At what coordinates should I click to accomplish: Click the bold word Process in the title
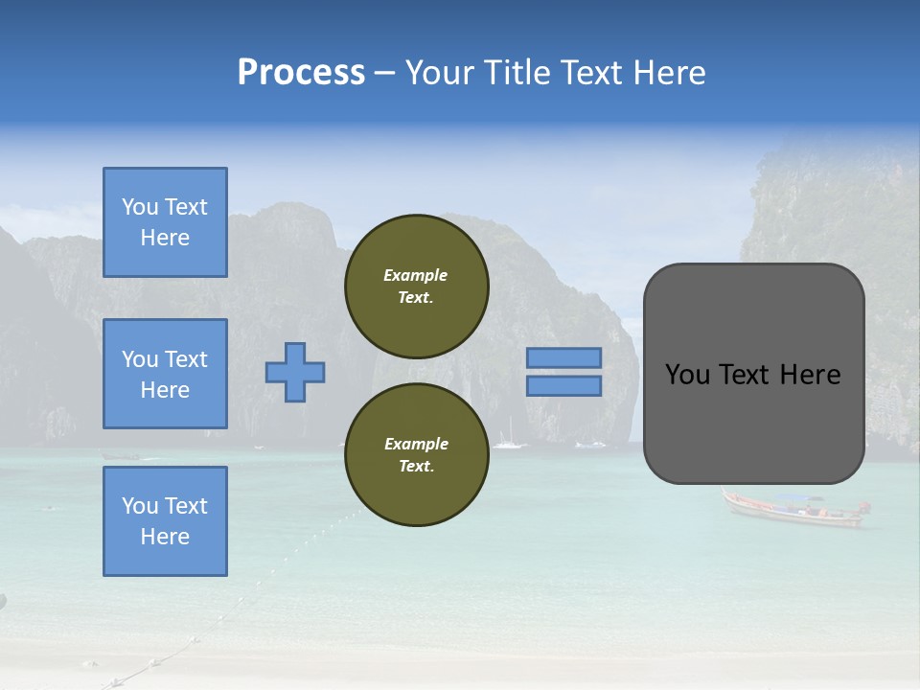pyautogui.click(x=301, y=73)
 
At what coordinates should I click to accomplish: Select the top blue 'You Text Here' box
pyautogui.click(x=165, y=222)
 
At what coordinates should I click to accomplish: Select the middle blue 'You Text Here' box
pyautogui.click(x=165, y=374)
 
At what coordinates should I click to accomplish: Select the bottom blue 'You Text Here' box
pyautogui.click(x=165, y=521)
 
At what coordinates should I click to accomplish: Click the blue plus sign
pyautogui.click(x=295, y=372)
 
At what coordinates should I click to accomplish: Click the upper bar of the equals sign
pyautogui.click(x=564, y=357)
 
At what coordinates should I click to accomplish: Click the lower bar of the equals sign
pyautogui.click(x=564, y=385)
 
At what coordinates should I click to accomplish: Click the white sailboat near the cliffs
pyautogui.click(x=509, y=441)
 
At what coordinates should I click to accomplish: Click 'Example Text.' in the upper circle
pyautogui.click(x=416, y=287)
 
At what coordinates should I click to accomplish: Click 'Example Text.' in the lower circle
pyautogui.click(x=416, y=455)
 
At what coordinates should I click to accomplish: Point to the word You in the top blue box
pyautogui.click(x=139, y=207)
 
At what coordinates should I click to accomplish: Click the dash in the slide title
pyautogui.click(x=384, y=74)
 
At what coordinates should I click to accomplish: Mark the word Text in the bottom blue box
pyautogui.click(x=185, y=506)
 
